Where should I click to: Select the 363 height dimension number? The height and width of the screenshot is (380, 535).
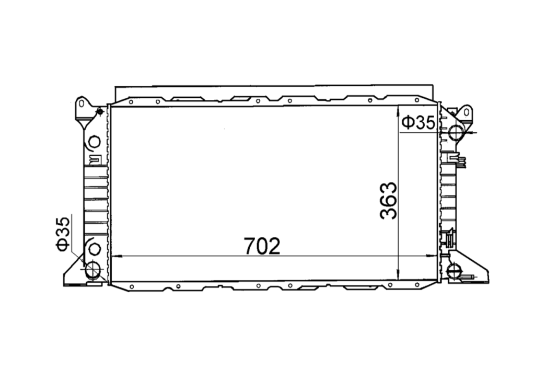(x=389, y=201)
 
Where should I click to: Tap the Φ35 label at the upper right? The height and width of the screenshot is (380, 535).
(x=419, y=123)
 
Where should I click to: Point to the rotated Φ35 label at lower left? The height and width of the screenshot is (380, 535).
(x=63, y=234)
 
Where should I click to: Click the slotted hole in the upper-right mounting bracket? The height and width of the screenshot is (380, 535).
(x=467, y=112)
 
